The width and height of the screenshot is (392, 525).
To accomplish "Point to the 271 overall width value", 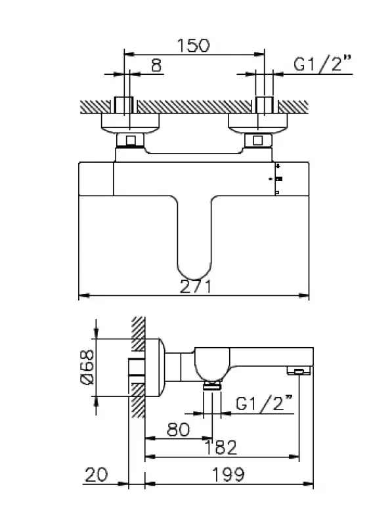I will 194,287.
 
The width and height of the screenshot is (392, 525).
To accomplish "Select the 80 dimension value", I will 176,430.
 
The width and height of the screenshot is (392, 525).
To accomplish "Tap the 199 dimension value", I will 227,473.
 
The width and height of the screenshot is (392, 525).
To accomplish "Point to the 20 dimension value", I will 97,473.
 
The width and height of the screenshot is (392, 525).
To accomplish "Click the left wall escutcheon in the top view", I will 129,123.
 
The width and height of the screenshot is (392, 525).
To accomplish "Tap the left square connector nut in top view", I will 130,140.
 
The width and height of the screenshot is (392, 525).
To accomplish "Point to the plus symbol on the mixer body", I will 278,167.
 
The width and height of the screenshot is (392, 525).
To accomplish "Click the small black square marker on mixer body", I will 279,179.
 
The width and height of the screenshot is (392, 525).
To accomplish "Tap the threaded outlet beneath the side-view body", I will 211,387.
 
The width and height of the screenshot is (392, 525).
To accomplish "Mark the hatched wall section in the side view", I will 137,367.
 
